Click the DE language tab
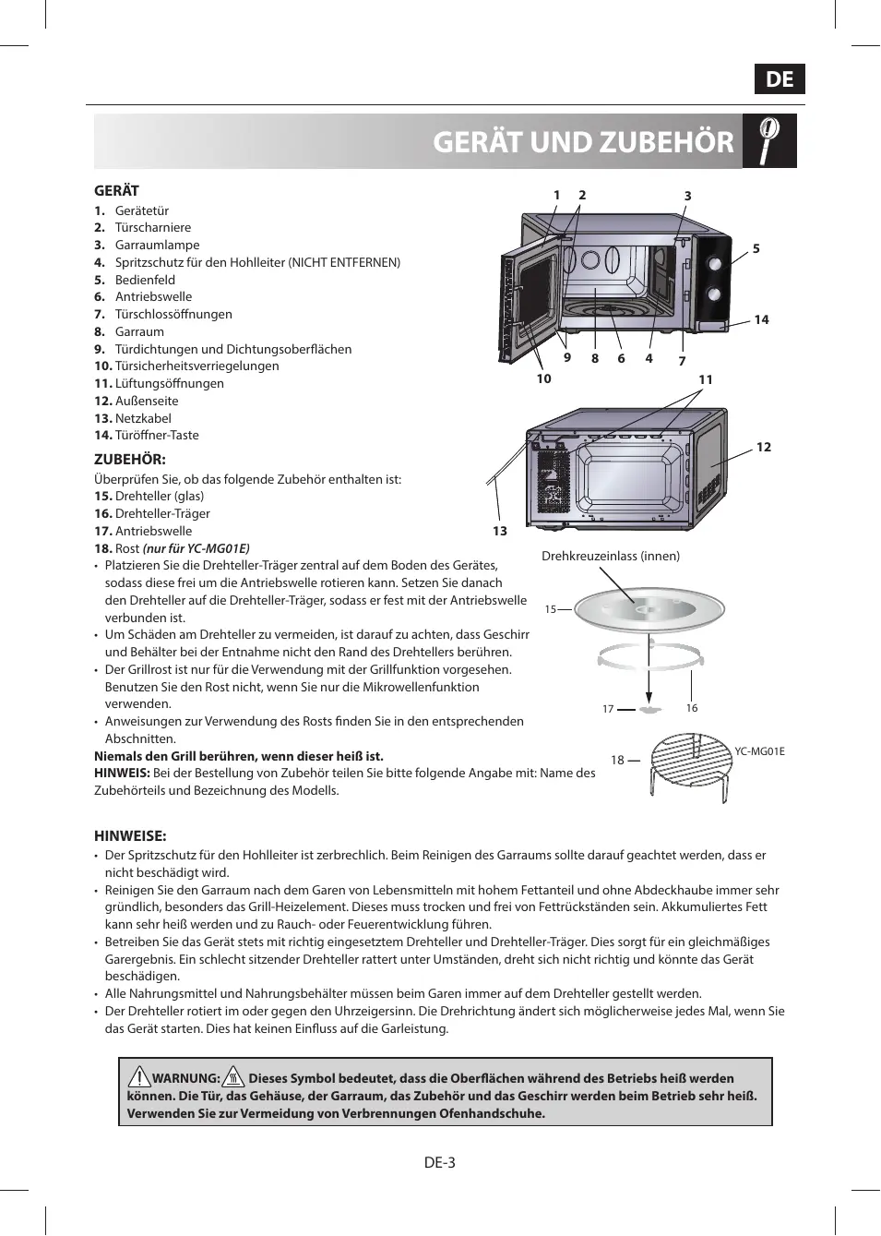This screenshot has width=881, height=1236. coord(780,79)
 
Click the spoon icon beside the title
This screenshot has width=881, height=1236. coord(768,141)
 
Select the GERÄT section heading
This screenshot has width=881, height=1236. coord(116,191)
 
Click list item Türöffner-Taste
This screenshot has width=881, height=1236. coord(157,436)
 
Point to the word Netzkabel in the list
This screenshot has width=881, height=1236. coord(143,418)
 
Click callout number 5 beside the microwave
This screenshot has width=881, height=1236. coord(756,248)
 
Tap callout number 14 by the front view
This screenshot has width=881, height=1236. coord(761,319)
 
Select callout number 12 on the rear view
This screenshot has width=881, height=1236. coord(763,447)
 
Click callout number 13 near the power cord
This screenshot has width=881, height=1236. coord(500,531)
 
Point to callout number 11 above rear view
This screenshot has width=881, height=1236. coord(706,379)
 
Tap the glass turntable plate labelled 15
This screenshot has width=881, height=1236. coord(649,610)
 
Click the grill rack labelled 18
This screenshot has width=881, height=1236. coord(692,762)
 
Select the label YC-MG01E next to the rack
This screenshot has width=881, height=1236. coord(759,751)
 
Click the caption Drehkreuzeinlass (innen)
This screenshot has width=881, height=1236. coord(611,556)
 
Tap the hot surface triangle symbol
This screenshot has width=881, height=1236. coord(233,1076)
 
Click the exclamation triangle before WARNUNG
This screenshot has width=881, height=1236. coord(139,1076)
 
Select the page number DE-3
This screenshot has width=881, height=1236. coord(440,1162)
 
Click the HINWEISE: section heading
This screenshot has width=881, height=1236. coord(130,836)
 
